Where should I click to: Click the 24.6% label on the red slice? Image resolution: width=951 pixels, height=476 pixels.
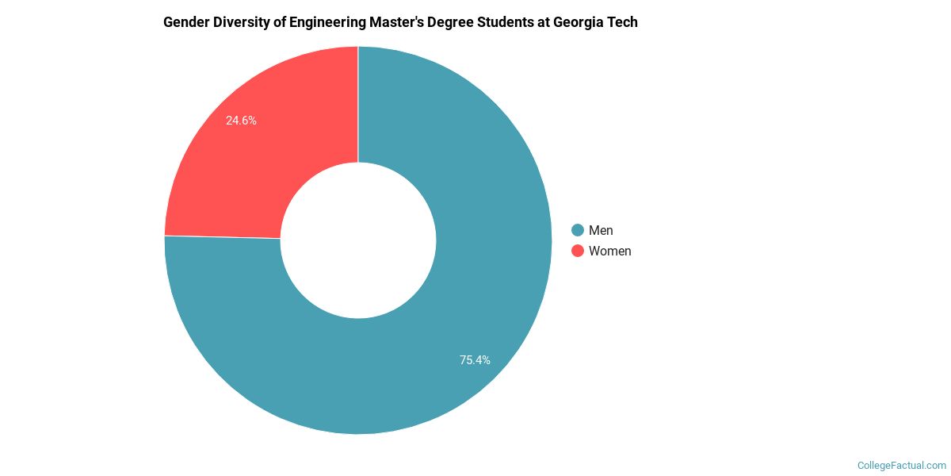coord(241,121)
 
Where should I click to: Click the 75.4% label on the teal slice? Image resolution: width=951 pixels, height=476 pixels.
coord(475,359)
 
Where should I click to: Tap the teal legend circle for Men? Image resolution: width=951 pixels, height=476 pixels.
coord(578,230)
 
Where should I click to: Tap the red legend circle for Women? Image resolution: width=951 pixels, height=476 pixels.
coord(578,251)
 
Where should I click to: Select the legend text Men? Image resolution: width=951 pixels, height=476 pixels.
coord(601,230)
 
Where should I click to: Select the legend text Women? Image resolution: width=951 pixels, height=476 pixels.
coord(609,251)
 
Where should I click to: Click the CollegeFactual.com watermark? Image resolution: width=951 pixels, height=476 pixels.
coord(902,466)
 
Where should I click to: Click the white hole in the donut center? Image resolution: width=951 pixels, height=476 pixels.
coord(358,240)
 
